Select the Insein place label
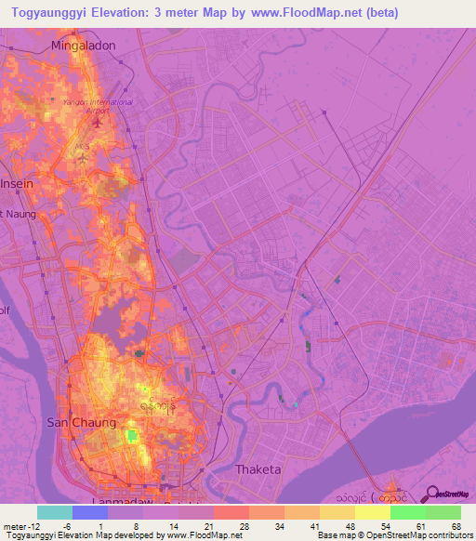click(x=18, y=183)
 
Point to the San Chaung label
click(x=81, y=423)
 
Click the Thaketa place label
click(x=258, y=469)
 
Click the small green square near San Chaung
click(x=131, y=435)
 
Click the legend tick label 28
click(x=245, y=525)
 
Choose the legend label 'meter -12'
click(x=20, y=525)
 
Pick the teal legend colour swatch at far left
click(x=55, y=512)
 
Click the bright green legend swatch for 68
click(x=443, y=512)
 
